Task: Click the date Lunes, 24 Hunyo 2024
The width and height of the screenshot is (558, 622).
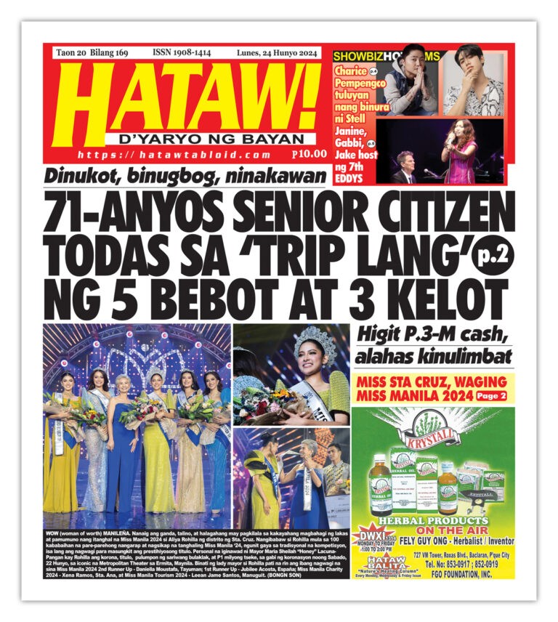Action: click(x=279, y=53)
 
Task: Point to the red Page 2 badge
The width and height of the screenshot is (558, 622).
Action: click(x=492, y=397)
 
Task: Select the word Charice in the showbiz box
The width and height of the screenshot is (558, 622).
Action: click(x=350, y=71)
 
